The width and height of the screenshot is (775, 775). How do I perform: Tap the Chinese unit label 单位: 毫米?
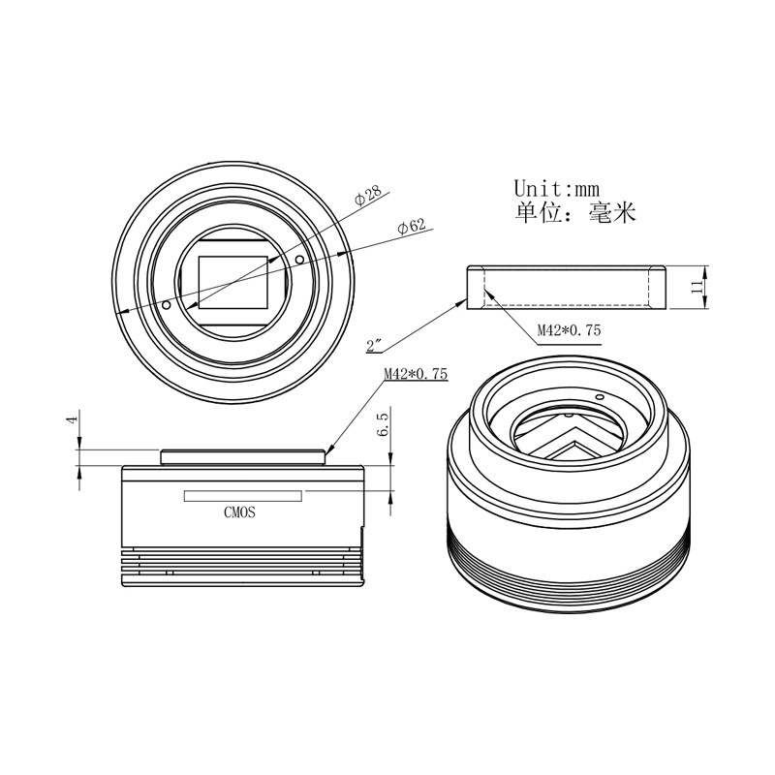tap(574, 213)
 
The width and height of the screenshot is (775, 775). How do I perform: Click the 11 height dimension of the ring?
tap(695, 287)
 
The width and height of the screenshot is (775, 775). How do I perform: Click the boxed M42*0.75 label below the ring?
tap(569, 330)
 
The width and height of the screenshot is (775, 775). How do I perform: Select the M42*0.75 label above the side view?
tap(415, 375)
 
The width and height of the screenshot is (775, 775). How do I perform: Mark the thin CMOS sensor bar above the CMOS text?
tap(243, 496)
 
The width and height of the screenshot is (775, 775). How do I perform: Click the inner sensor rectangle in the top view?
tap(233, 283)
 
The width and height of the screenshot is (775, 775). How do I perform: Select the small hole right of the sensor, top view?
tap(299, 260)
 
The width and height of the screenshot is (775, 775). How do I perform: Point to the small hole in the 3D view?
tap(600, 397)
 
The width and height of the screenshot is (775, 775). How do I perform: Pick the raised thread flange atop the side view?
tap(243, 453)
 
